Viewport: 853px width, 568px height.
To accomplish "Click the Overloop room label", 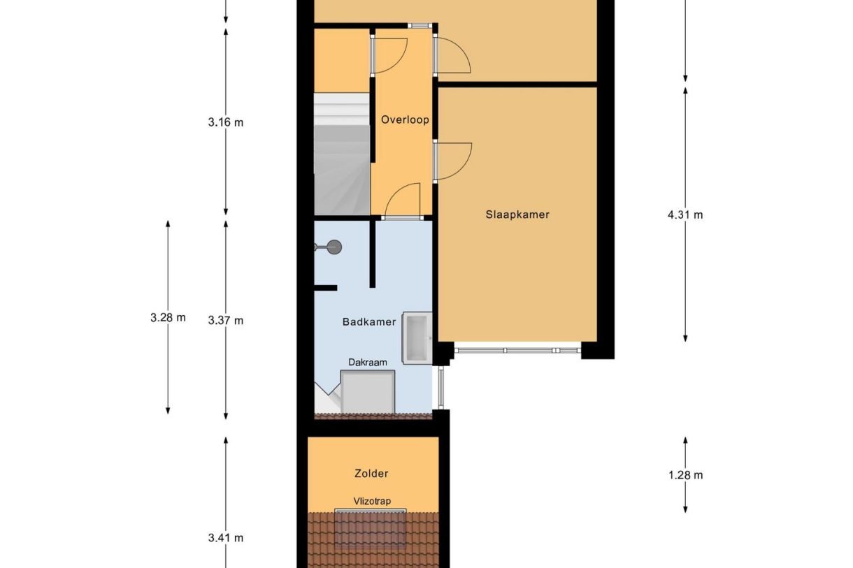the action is coord(405,120).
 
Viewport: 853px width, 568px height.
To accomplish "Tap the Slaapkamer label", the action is coord(517,214).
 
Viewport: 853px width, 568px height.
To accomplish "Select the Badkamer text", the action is coord(369,322).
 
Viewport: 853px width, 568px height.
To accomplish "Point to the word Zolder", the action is coord(371,473).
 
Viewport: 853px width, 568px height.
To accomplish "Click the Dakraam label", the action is coord(368,363).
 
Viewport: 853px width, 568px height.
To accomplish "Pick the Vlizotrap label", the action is coord(372,501).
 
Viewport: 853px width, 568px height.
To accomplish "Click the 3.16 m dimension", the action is coord(225,122).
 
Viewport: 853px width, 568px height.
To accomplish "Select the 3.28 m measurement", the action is coord(168,317).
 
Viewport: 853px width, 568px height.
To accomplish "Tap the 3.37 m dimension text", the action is coord(225,321).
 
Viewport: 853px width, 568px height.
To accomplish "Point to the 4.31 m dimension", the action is coord(685,215).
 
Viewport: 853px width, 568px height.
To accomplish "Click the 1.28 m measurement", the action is coord(685,475).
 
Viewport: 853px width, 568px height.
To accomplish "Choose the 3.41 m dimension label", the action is coord(225,538).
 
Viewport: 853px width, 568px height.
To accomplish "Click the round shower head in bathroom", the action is coord(335,247).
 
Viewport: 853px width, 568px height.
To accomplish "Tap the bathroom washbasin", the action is coord(417,338).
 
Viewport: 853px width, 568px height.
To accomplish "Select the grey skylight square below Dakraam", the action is coord(368,392).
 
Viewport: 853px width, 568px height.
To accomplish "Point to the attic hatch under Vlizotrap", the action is coord(371,529).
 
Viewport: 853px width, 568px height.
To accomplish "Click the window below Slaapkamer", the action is coord(517,351).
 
